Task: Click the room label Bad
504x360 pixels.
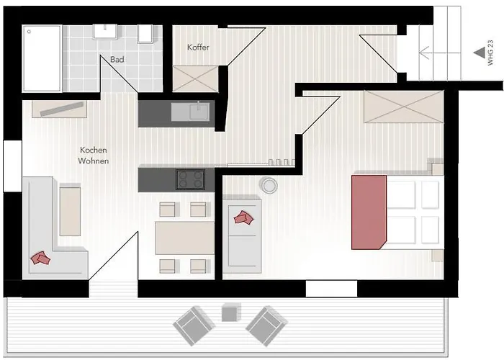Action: point(117,60)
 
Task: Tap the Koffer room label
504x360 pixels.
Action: point(198,48)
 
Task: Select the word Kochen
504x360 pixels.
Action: point(93,150)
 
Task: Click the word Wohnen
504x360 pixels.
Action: point(93,161)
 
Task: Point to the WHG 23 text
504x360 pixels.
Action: point(490,53)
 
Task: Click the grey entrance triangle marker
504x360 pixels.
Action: point(480,53)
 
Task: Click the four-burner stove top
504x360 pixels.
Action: point(190,179)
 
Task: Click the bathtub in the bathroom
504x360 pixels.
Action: point(42,58)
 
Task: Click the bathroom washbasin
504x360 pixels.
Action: point(105,32)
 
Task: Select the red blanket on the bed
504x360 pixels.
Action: point(369,212)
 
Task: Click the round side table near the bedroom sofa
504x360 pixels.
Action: point(269,185)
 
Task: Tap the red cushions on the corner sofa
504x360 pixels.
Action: point(40,258)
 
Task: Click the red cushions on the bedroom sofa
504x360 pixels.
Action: point(243,217)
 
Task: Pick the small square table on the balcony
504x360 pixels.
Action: point(230,312)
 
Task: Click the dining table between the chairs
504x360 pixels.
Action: point(184,238)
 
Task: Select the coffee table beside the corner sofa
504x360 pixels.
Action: point(70,211)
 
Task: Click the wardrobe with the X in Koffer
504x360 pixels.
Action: point(195,78)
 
